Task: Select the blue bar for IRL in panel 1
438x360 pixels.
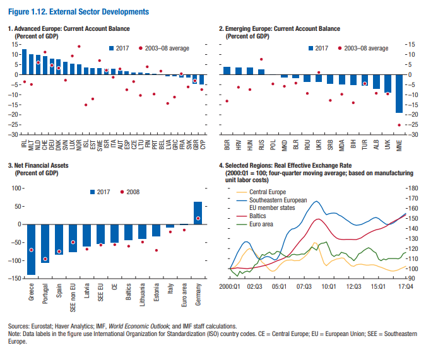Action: [24, 62]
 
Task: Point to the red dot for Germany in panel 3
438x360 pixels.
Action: [198, 218]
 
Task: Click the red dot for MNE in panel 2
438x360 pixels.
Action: [399, 125]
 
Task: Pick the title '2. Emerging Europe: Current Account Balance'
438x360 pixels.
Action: [280, 29]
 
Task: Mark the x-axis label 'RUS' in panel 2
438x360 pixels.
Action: [261, 147]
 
